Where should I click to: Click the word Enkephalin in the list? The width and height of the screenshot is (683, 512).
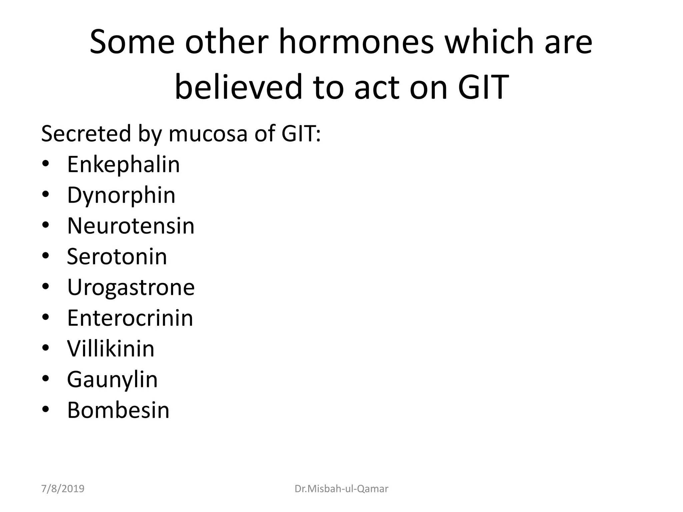click(x=123, y=164)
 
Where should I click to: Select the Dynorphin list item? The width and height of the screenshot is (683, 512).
click(x=121, y=195)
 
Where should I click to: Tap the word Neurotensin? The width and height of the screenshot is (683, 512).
click(x=131, y=226)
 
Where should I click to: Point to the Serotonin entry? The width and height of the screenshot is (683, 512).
click(x=117, y=256)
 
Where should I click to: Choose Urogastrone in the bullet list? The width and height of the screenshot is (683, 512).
click(x=131, y=287)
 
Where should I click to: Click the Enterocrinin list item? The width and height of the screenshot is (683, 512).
click(x=130, y=318)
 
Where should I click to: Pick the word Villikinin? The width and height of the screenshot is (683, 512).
click(x=111, y=348)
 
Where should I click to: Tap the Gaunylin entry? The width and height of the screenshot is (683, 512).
click(x=112, y=379)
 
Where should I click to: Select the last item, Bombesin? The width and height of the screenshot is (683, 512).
click(x=118, y=410)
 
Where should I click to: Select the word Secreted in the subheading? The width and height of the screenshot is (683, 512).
click(x=86, y=133)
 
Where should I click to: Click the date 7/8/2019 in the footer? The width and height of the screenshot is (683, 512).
click(x=63, y=489)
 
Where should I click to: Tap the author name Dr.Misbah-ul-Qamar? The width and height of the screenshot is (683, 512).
click(x=341, y=489)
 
